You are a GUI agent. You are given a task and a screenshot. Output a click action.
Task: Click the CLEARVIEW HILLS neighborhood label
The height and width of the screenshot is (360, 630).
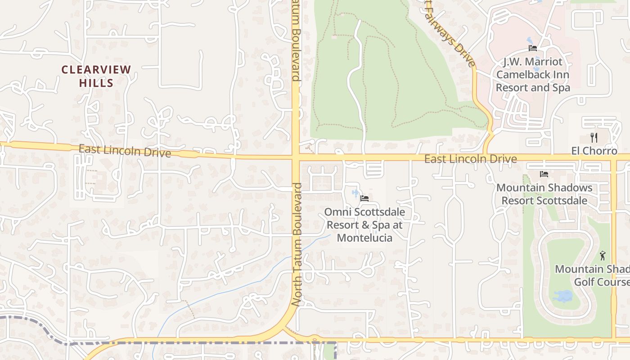96,76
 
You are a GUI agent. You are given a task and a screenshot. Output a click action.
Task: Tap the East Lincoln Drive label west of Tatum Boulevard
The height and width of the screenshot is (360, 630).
125,151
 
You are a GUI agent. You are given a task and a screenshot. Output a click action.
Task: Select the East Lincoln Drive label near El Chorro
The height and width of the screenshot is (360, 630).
470,159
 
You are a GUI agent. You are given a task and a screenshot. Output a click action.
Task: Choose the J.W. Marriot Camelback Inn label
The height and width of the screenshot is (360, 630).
533,74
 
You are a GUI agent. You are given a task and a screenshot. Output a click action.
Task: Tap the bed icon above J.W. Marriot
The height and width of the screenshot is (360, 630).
533,48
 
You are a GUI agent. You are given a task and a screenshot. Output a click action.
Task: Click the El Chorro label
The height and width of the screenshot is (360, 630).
594,151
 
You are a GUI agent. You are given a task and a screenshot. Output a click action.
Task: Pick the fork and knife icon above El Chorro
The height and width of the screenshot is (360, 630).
594,138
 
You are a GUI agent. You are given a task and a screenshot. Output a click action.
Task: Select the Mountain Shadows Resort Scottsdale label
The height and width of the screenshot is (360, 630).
544,194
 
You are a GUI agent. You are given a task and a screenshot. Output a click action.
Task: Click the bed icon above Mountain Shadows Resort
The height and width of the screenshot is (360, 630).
544,174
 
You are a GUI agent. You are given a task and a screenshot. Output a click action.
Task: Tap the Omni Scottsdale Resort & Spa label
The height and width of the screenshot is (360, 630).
364,224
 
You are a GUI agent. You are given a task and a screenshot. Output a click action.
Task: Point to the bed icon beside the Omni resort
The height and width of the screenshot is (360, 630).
364,198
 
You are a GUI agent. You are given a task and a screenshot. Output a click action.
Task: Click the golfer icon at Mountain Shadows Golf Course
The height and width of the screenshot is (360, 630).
603,256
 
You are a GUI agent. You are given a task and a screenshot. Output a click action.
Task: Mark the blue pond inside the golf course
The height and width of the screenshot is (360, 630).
562,296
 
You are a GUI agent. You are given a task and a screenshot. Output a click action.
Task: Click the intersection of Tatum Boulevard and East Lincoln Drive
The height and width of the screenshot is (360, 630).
296,157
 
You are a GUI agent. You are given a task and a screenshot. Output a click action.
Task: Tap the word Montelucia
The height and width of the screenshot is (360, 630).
364,238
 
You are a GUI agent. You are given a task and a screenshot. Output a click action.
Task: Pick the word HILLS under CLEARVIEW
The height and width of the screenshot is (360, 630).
96,83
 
